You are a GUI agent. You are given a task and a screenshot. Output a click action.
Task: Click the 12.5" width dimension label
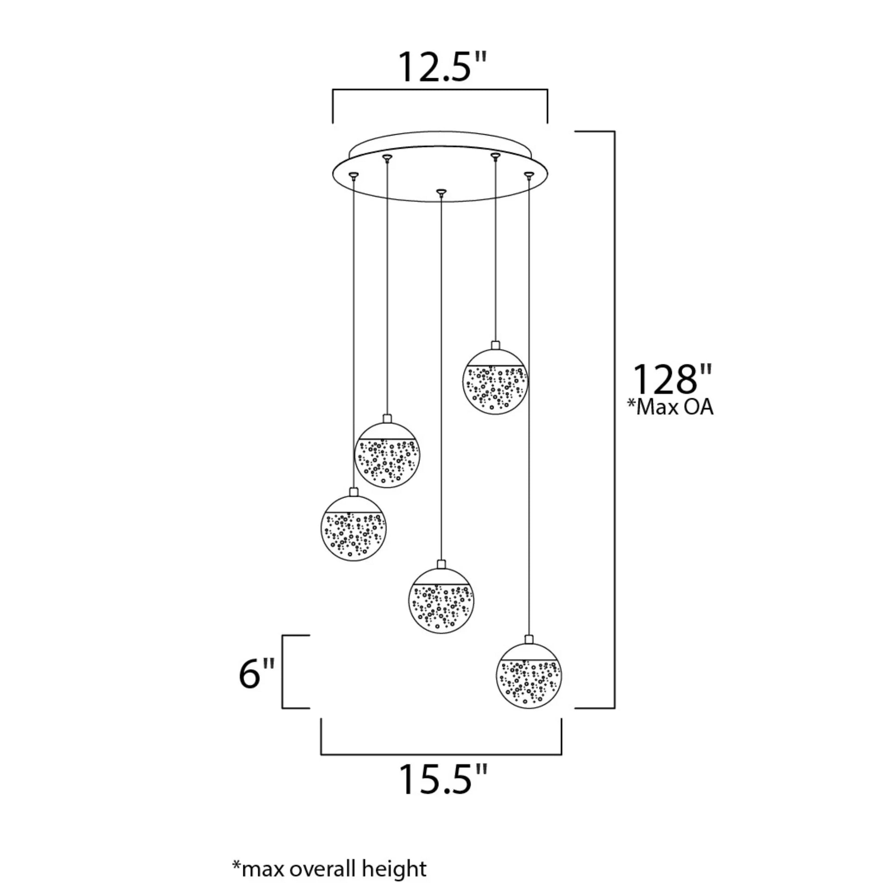click(442, 67)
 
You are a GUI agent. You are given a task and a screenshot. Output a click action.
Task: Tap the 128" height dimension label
click(671, 379)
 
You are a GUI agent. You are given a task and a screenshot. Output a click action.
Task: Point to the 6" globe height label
click(257, 674)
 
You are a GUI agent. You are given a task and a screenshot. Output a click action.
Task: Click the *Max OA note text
click(670, 407)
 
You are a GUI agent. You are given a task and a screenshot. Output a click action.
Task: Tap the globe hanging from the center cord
click(441, 601)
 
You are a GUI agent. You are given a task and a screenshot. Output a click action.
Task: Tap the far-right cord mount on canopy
click(529, 174)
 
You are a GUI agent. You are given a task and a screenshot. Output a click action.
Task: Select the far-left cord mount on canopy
click(353, 174)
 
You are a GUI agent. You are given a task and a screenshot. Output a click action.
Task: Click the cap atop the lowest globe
click(529, 639)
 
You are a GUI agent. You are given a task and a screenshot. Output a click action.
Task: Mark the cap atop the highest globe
click(495, 345)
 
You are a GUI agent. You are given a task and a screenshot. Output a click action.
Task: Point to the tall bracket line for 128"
click(614, 420)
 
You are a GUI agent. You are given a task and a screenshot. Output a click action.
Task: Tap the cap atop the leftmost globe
click(354, 492)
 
